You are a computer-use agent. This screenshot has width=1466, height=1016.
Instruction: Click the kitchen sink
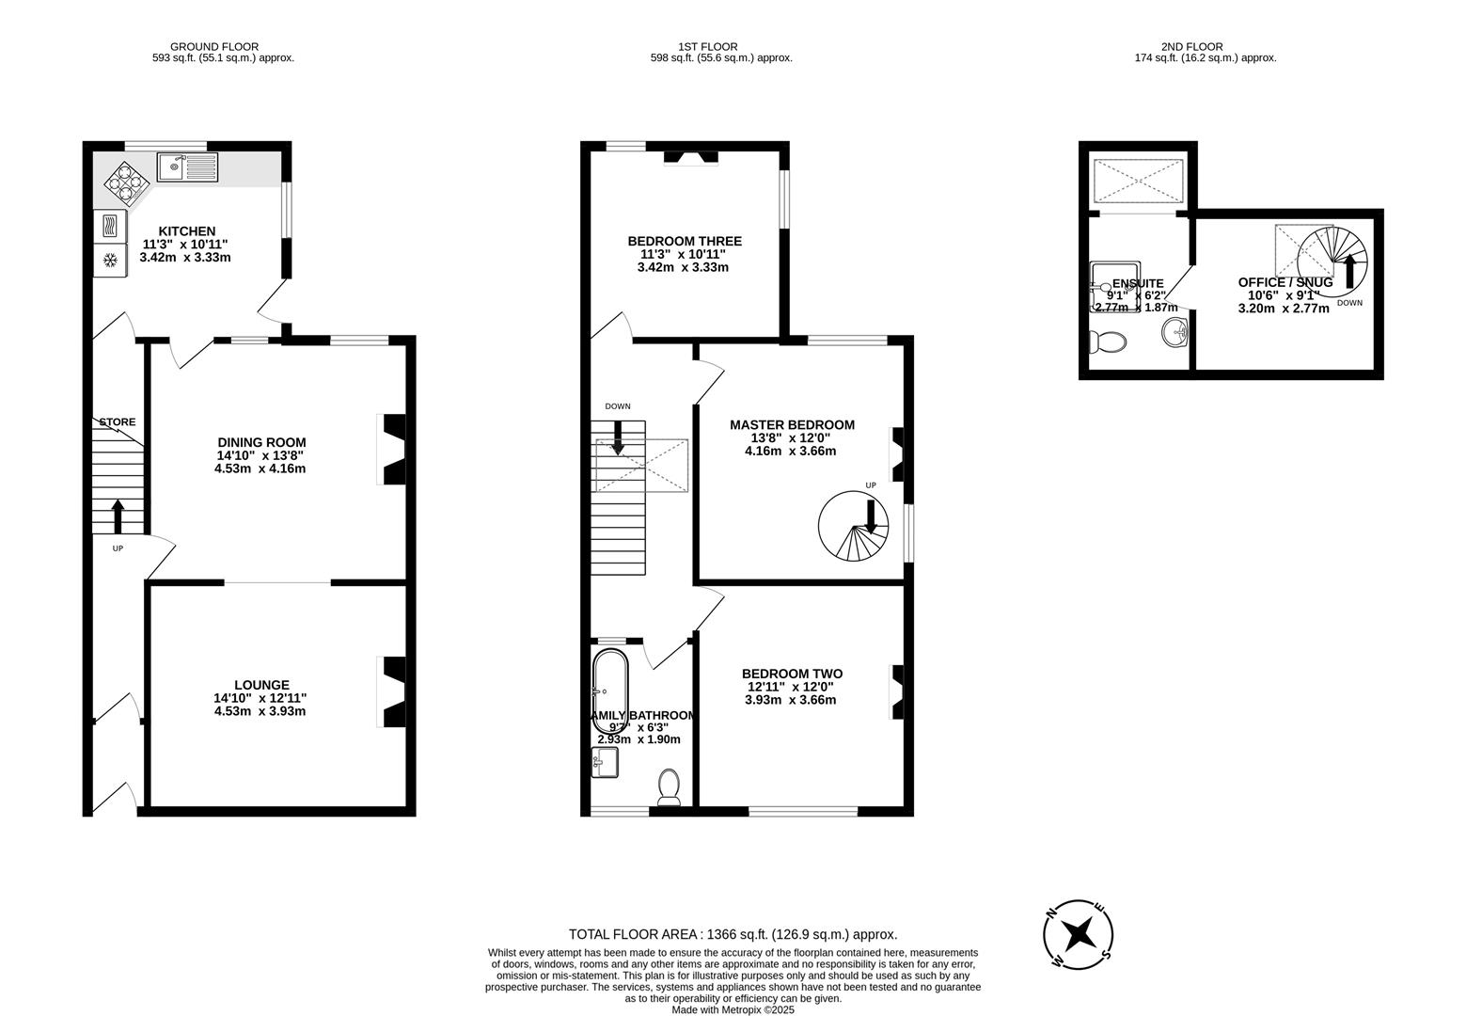pos(187,167)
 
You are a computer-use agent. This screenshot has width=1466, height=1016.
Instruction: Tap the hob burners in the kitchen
pos(126,182)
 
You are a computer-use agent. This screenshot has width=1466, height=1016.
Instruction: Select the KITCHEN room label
pos(186,231)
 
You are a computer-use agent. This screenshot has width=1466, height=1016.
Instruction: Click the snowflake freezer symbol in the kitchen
pos(109,261)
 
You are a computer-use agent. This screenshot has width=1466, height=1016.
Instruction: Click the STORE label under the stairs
pos(118,422)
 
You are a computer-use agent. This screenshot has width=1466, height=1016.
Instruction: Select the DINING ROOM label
pos(261,442)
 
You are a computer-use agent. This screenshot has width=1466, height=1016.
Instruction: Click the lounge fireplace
pos(392,691)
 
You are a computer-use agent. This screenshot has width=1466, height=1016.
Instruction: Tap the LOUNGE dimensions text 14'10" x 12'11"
pos(260,698)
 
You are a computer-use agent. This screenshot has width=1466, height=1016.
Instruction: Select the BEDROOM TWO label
pos(791,674)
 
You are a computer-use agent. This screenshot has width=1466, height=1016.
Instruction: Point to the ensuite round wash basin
pos(1174,332)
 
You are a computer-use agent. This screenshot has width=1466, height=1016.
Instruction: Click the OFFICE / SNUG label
pos(1285,282)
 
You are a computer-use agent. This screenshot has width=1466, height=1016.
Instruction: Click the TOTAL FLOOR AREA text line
pos(733,934)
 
